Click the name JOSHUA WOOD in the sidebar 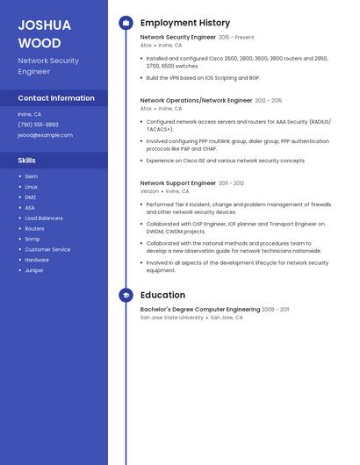point(40,33)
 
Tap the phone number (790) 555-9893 point(38,125)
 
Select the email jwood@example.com point(45,135)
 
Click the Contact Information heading point(56,98)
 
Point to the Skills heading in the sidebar point(27,161)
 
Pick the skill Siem point(32,176)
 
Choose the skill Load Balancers point(44,218)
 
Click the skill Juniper point(34,270)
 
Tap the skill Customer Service point(47,249)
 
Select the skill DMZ point(31,197)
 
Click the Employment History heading point(185,23)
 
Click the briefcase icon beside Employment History point(126,23)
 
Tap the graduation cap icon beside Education point(126,296)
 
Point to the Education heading point(162,296)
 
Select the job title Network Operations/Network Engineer point(196,101)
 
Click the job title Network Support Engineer point(178,183)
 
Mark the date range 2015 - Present point(236,38)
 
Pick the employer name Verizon point(149,191)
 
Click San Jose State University point(171,318)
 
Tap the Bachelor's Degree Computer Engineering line point(200,310)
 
